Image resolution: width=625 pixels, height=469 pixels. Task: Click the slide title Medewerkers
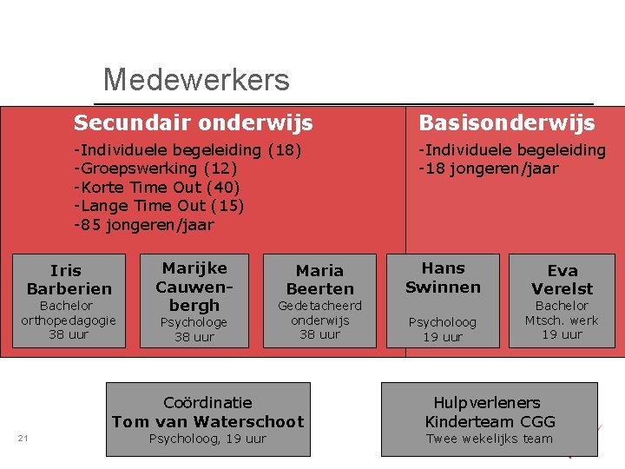click(x=195, y=81)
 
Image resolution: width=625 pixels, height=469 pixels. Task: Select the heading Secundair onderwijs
click(x=193, y=123)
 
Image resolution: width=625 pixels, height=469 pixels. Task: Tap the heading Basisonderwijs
click(x=507, y=123)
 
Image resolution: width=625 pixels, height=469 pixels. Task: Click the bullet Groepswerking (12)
click(x=155, y=168)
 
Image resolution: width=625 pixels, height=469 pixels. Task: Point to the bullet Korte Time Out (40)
click(x=157, y=188)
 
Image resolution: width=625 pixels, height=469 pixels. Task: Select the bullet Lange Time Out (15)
click(x=159, y=206)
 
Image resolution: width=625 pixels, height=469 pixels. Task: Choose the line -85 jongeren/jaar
click(x=144, y=225)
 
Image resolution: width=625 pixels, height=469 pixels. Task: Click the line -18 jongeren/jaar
click(x=489, y=168)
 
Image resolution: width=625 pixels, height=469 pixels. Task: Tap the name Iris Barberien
click(x=69, y=280)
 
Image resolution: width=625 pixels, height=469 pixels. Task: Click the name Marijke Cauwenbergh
click(x=194, y=286)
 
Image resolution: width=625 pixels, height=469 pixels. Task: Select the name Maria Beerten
click(x=319, y=280)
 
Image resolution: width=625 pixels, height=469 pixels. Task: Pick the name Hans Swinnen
click(x=443, y=277)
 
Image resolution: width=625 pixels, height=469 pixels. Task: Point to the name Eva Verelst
click(x=562, y=280)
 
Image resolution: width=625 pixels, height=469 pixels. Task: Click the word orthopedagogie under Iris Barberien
click(x=69, y=320)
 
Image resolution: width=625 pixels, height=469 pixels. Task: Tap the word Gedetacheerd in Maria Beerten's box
click(x=319, y=306)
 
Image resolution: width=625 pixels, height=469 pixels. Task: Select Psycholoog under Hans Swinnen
click(x=443, y=322)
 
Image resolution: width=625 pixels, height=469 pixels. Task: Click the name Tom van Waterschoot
click(x=208, y=422)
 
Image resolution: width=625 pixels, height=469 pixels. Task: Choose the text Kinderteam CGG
click(x=490, y=422)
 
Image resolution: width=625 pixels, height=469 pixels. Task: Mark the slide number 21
click(x=23, y=438)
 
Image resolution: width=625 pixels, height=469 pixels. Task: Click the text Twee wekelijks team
click(x=490, y=439)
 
